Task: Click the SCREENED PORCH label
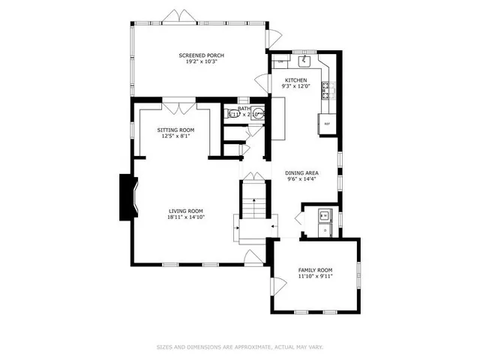[201, 55]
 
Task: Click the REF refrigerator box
[327, 124]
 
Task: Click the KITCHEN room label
[295, 79]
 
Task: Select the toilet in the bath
[257, 115]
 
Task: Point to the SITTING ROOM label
[175, 130]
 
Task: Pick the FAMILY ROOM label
[315, 270]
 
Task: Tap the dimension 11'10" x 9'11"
[315, 276]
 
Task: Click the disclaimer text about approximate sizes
[240, 346]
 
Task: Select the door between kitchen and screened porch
[275, 35]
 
